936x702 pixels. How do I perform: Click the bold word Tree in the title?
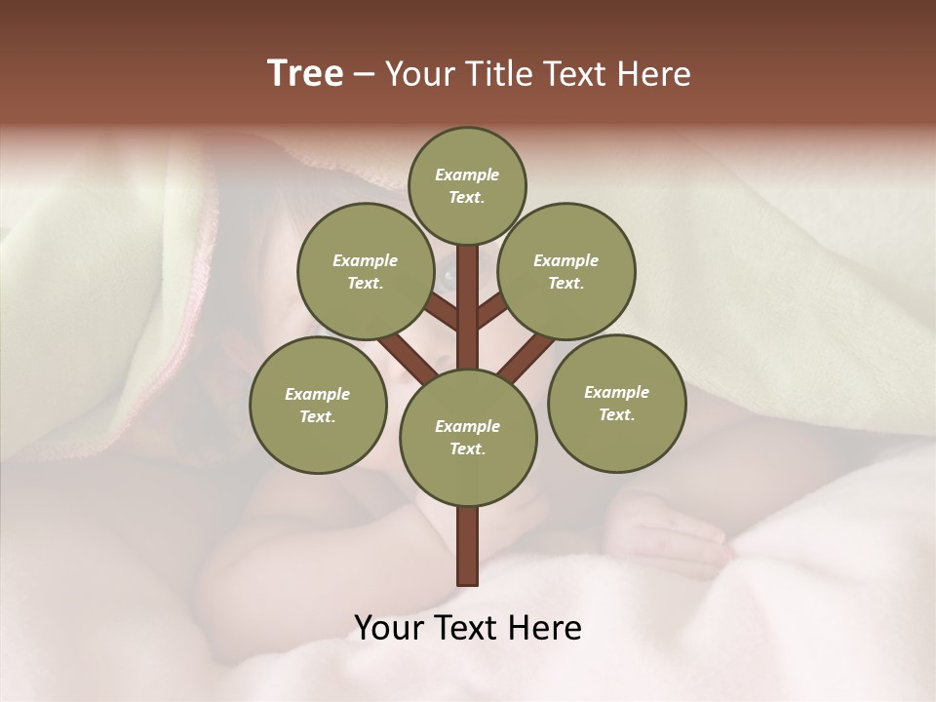point(305,74)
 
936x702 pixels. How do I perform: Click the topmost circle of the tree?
point(467,185)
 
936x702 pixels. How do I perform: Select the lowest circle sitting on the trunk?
point(468,437)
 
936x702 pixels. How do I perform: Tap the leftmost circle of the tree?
point(318,405)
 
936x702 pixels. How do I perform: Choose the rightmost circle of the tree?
point(616,403)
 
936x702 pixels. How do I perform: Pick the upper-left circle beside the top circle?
point(366,271)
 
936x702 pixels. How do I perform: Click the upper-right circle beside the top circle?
point(566,271)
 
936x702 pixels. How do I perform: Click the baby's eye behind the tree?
point(448,276)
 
